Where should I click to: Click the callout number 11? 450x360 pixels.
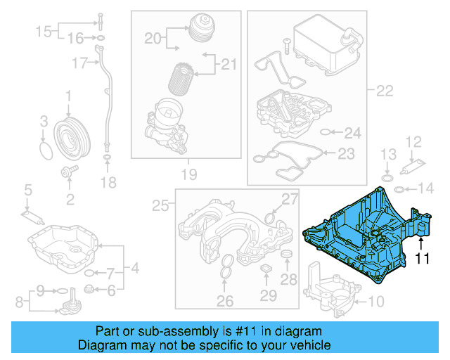coord(420,259)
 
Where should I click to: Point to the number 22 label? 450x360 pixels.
coord(384,90)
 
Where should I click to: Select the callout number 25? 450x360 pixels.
coord(161,205)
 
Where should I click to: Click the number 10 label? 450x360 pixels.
coord(377,302)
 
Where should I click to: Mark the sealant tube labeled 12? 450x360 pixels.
coord(410,167)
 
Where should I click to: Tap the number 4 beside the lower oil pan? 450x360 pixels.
coord(135,268)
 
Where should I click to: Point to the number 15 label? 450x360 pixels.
coord(44,31)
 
